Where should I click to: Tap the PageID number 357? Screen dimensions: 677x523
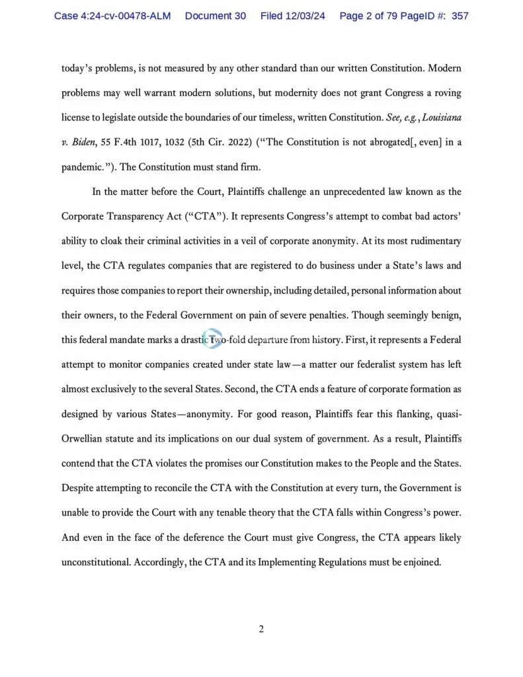click(460, 15)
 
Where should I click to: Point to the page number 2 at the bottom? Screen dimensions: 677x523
click(261, 629)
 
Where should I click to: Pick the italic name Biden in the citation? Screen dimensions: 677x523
click(87, 143)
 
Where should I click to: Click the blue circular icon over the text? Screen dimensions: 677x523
click(212, 339)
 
